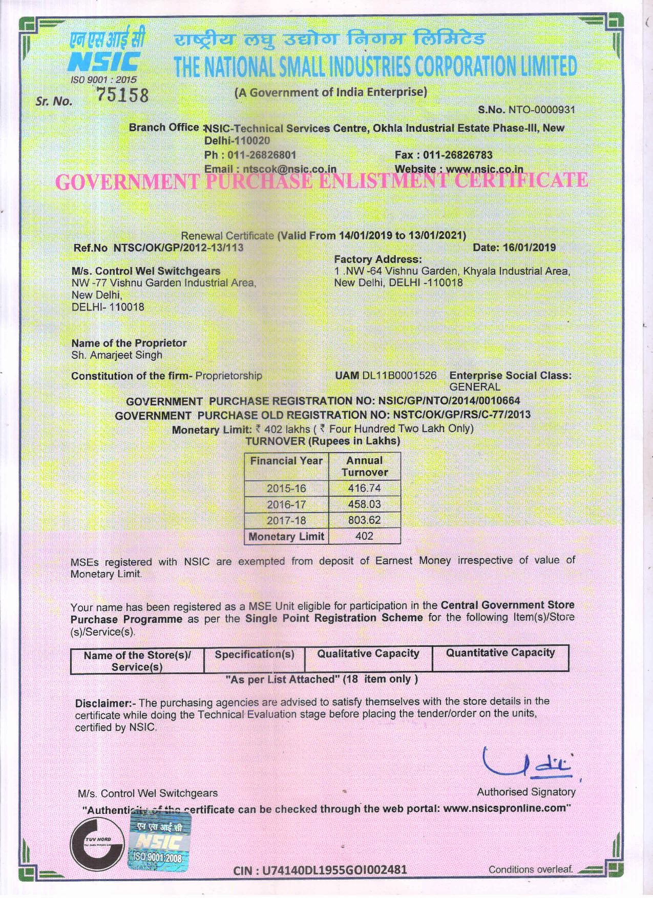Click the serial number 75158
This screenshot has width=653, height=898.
122,95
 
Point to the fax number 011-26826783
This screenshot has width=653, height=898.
457,155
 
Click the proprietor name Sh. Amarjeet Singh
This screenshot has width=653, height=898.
117,355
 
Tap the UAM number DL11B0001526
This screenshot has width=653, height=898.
399,376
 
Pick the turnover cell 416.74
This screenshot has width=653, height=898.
364,488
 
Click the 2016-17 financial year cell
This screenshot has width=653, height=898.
286,504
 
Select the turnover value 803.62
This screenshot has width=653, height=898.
364,520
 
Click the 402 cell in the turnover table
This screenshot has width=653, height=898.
364,536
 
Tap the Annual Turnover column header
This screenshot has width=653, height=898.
364,466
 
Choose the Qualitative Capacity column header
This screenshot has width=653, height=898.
368,654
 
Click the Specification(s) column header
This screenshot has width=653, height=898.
255,655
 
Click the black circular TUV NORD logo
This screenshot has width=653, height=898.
97,842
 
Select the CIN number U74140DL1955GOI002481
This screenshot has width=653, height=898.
320,870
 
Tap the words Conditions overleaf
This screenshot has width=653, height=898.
530,869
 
